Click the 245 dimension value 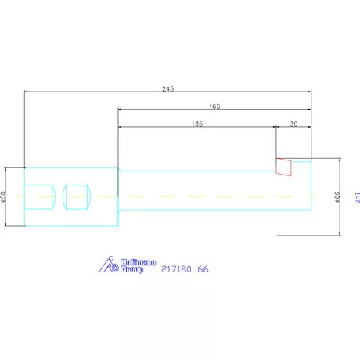[167, 88]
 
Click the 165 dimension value [214, 106]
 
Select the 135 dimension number [196, 124]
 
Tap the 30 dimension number [293, 124]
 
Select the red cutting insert [283, 166]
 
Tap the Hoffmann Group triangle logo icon [108, 266]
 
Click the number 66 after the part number [204, 269]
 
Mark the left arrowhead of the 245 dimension [27, 92]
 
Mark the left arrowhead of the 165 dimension [121, 110]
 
